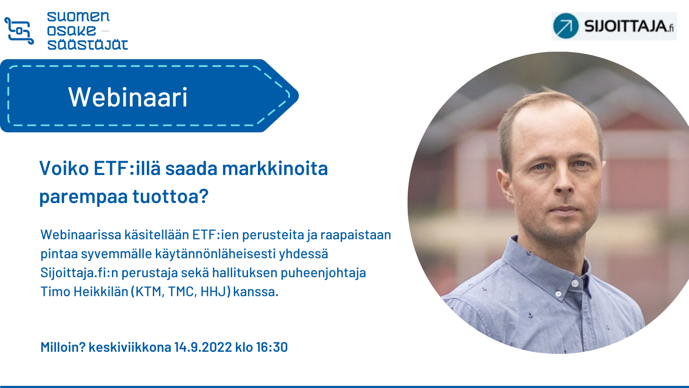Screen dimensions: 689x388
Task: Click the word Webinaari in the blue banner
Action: pos(127,97)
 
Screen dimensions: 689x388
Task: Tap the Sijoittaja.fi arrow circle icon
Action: pos(566,26)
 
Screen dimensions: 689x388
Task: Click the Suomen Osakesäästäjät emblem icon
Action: pos(19,31)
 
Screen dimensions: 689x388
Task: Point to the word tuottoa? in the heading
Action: pos(171,196)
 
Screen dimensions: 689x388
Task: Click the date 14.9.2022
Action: pos(203,347)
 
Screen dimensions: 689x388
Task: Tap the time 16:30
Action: pos(272,347)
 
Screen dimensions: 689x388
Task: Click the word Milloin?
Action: pos(63,347)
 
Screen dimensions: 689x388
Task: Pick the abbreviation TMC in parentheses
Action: pos(182,291)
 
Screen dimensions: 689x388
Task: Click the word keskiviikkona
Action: pos(130,347)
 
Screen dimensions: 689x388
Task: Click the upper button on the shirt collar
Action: pos(574,283)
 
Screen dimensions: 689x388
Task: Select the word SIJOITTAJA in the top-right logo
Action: pos(625,26)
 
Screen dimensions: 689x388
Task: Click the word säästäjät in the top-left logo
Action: pos(87,45)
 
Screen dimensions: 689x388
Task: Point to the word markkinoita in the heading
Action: pos(275,169)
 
